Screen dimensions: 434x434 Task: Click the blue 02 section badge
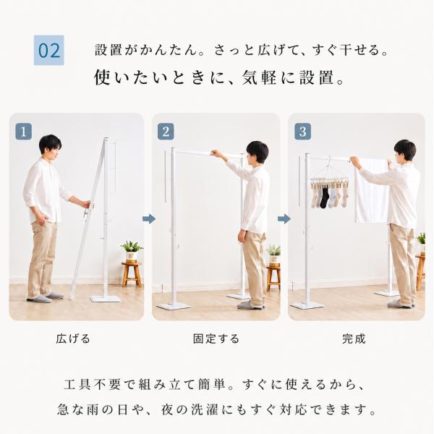click(x=48, y=50)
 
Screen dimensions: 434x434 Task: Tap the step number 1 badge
click(x=24, y=131)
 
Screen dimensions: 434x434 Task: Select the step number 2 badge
click(x=166, y=131)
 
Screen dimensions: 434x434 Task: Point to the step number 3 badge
click(x=302, y=131)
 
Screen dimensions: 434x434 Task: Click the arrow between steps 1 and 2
click(x=148, y=219)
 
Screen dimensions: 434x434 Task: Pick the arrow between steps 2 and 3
click(x=284, y=219)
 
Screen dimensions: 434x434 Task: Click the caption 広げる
click(x=73, y=339)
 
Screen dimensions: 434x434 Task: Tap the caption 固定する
click(x=216, y=339)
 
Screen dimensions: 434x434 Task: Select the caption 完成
click(x=354, y=339)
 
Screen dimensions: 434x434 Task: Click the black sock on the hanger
click(x=324, y=197)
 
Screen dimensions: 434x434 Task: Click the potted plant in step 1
click(x=131, y=251)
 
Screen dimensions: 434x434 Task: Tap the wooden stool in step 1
click(x=131, y=274)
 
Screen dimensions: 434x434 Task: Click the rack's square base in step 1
click(x=106, y=298)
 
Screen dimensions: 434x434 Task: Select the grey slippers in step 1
click(x=46, y=297)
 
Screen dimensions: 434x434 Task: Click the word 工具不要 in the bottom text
click(x=93, y=385)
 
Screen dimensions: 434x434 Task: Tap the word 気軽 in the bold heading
click(x=259, y=77)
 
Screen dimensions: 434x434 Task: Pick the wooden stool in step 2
click(x=273, y=277)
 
